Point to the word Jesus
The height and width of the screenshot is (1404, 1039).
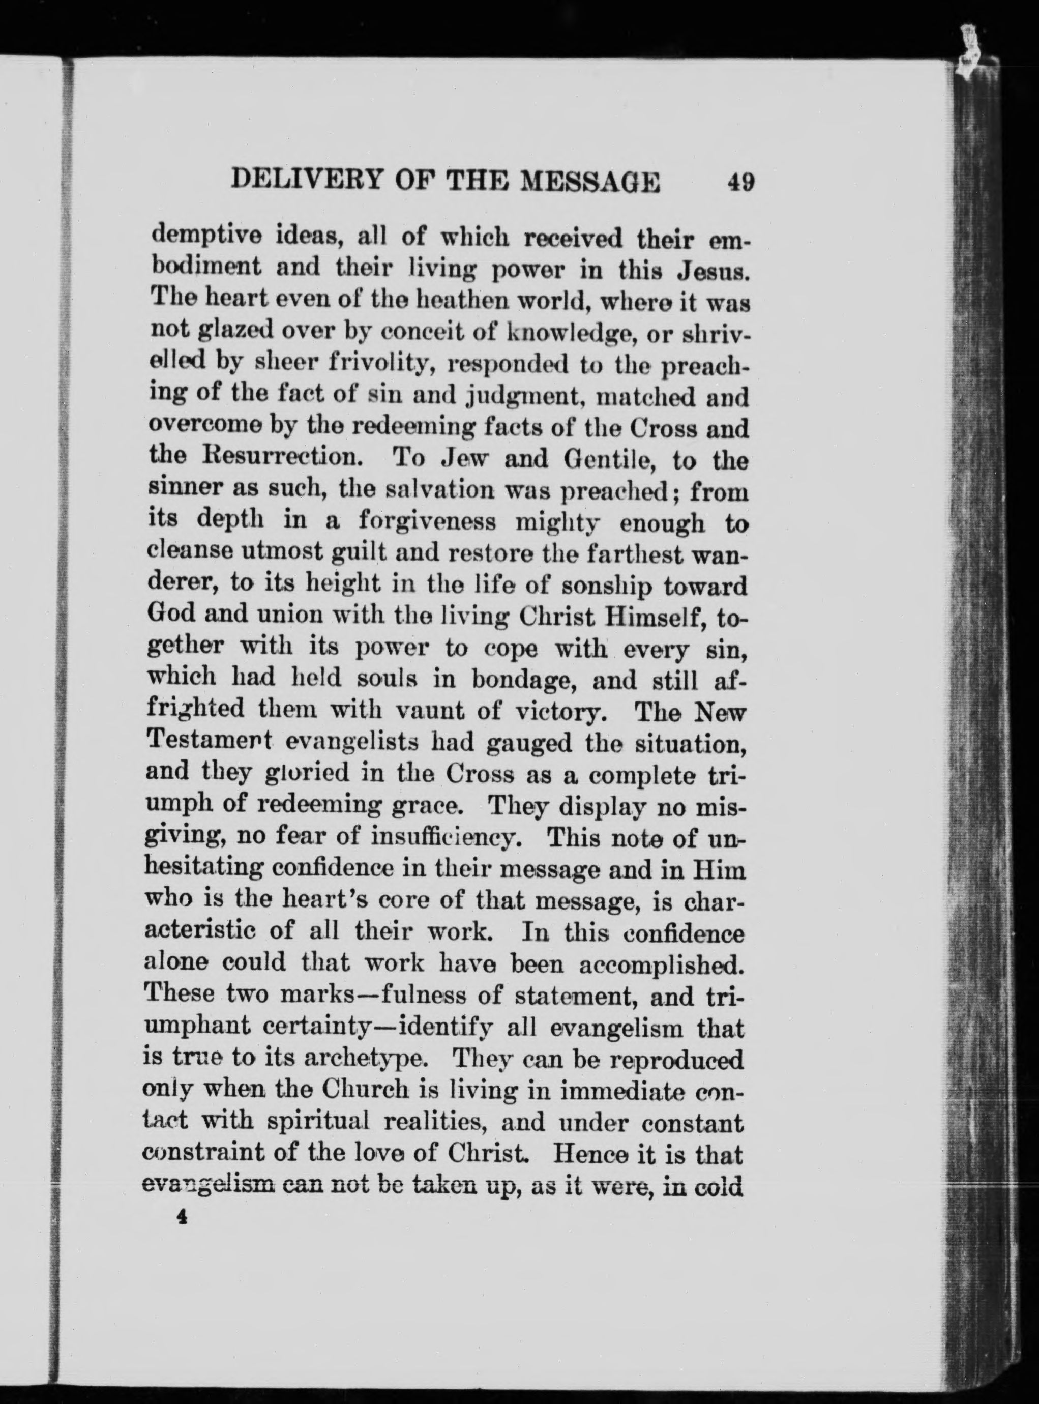coord(712,274)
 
